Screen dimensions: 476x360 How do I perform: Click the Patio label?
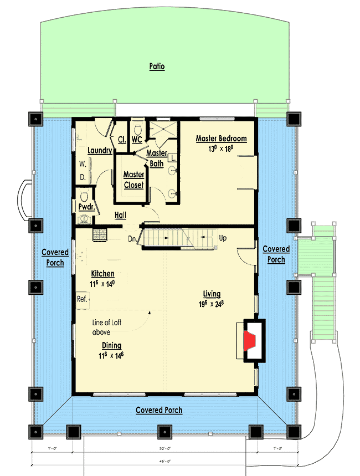tap(157, 67)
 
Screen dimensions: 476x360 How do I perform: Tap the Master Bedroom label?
tap(221, 139)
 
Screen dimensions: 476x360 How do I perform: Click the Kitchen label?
tap(103, 274)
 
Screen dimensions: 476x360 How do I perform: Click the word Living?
tap(212, 294)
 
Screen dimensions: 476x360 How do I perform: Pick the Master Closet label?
tap(133, 180)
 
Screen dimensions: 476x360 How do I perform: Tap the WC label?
tap(137, 140)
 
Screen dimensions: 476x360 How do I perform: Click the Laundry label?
tap(100, 150)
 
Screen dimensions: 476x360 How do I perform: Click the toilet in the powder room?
tap(85, 197)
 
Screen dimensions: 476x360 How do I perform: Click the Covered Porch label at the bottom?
tap(159, 410)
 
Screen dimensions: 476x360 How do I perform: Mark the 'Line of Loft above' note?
tap(105, 327)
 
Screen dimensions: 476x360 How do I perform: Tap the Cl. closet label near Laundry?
tap(121, 140)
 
